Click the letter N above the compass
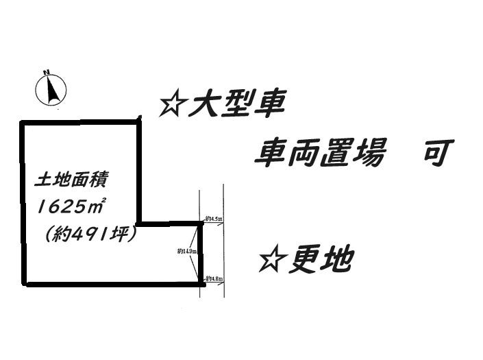47,71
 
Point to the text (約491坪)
90,233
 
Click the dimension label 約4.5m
214,219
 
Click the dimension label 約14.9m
187,252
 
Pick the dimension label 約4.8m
215,278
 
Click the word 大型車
237,106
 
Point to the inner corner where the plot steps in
139,223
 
